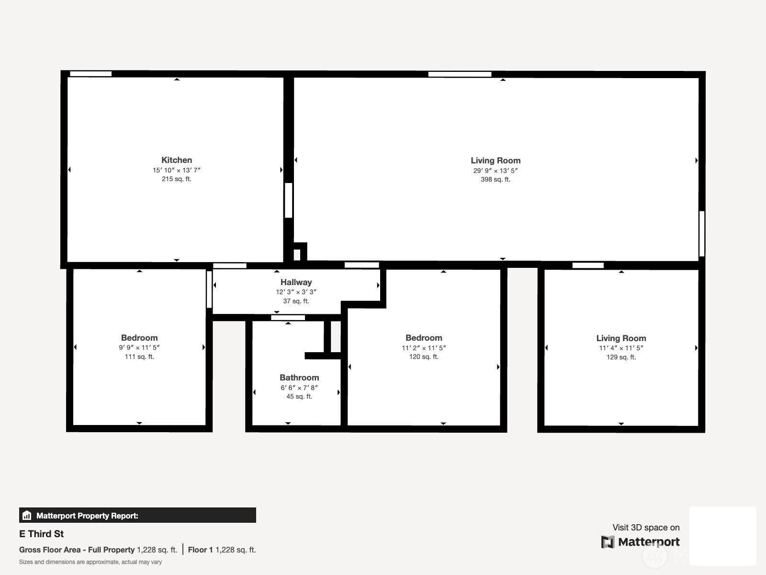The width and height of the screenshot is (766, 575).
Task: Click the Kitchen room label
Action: pos(177,160)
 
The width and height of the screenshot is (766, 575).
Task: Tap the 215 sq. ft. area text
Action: pos(177,179)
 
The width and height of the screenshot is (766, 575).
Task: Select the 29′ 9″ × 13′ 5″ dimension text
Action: pos(496,171)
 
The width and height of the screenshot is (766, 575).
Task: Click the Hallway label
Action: pos(296,282)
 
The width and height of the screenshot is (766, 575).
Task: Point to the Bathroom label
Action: pos(299,378)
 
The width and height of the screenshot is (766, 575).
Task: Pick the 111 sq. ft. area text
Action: pos(139,356)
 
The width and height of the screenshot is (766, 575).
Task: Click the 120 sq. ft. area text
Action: pos(424,356)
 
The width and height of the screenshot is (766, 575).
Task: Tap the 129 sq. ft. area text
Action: pos(621,357)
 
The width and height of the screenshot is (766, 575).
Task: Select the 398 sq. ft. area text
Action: pos(496,179)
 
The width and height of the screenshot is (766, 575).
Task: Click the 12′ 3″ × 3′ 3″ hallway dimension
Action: pos(296,292)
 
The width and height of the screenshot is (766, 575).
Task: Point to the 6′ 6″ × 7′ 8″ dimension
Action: pos(299,388)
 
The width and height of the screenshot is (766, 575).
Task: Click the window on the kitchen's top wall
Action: pos(91,74)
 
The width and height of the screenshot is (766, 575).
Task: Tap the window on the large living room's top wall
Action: pos(460,74)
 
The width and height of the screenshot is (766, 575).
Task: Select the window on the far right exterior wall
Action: pos(702,233)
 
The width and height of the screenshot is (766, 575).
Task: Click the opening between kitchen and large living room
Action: pos(288,200)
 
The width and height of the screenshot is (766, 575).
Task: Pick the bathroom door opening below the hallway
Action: pos(288,318)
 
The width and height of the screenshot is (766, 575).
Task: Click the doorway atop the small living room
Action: pos(588,265)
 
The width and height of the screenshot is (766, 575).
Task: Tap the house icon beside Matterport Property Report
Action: pos(27,515)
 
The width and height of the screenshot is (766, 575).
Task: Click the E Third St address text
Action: pos(42,534)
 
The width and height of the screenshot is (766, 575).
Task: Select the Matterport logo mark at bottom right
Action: pos(608,542)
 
